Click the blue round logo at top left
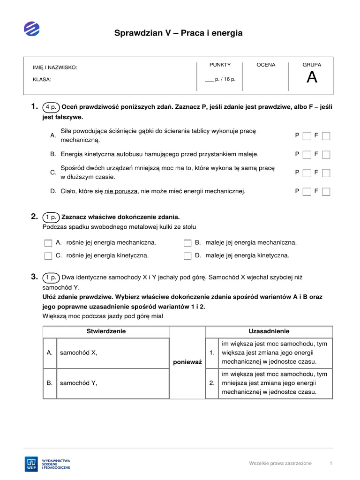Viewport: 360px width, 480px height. coord(32,29)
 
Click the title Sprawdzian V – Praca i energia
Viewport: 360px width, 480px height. coord(179,33)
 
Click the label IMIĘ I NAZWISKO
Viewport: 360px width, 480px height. coord(55,67)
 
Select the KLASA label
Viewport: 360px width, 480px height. coord(42,80)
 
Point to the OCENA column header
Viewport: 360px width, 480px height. coord(266,65)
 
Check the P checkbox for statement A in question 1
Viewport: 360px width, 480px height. coord(307,136)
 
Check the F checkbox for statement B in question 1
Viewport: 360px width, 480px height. coord(326,154)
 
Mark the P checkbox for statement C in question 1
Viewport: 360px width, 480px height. coord(307,173)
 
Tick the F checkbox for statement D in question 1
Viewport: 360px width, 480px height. coord(326,191)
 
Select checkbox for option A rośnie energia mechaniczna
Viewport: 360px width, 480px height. coord(48,243)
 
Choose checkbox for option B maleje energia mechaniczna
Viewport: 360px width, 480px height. coord(187,243)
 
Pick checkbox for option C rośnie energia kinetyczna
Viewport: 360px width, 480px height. coord(48,256)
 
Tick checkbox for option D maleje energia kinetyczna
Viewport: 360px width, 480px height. coord(187,256)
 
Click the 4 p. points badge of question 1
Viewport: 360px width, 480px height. coord(51,107)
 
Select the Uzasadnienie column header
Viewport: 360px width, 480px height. coord(269,331)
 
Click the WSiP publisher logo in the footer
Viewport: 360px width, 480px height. coord(47,463)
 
